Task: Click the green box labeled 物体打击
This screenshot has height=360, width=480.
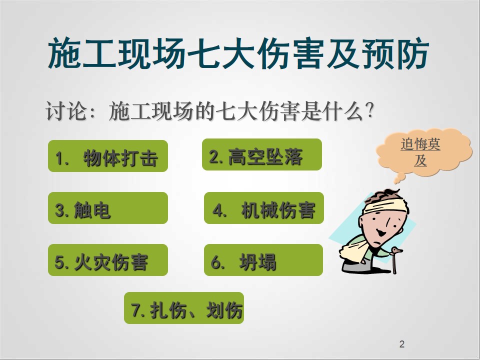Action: point(108,156)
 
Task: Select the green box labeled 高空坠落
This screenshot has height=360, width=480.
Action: point(262,154)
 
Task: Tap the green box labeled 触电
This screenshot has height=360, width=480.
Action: point(108,208)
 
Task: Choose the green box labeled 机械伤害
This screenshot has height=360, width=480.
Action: point(264,208)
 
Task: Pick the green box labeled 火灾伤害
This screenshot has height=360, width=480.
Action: point(108,260)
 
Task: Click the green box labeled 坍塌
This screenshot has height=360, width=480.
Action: point(263,260)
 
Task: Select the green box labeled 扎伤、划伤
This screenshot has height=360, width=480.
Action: point(184,308)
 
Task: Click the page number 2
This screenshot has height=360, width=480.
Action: point(402,344)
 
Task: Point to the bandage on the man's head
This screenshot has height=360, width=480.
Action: point(384,206)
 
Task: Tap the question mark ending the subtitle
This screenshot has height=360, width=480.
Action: point(369,110)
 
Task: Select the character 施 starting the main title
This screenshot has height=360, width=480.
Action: point(64,53)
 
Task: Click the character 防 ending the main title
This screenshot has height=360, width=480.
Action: point(412,53)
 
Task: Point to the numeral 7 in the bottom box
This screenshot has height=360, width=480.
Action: point(135,310)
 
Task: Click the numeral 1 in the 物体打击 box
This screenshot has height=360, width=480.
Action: point(59,158)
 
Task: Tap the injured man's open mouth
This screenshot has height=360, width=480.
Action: point(381,233)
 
